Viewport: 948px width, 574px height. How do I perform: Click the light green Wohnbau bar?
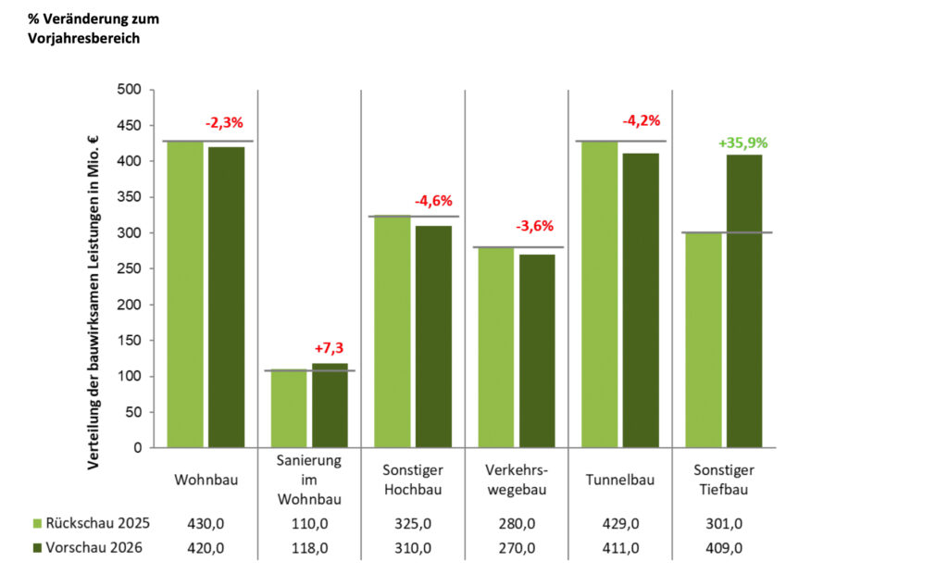[x=185, y=294]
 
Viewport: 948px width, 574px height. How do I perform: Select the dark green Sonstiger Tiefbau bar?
[x=744, y=301]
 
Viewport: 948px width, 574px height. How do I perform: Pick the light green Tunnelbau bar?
[x=599, y=294]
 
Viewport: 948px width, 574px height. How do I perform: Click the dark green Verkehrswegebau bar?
[x=537, y=351]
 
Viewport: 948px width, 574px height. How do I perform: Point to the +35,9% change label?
[x=742, y=143]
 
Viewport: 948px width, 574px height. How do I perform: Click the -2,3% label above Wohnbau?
[x=225, y=121]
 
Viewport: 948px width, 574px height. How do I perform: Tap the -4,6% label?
[x=433, y=200]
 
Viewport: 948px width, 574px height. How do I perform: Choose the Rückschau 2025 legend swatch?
[x=37, y=524]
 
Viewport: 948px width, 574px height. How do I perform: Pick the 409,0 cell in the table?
[x=724, y=547]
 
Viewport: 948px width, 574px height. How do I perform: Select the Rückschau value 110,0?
[x=309, y=524]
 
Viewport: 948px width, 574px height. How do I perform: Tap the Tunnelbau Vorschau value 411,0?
[x=620, y=547]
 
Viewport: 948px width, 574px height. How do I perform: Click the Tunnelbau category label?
[x=620, y=480]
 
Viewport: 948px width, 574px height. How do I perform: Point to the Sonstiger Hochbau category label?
[x=413, y=480]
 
